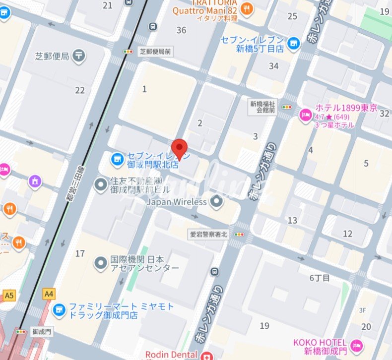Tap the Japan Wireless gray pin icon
[x=216, y=202]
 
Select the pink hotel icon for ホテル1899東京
[x=305, y=115]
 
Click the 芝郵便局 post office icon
[x=78, y=56]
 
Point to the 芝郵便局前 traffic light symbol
[x=129, y=51]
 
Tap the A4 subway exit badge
[x=49, y=294]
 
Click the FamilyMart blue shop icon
[x=59, y=310]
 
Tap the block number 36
[x=181, y=30]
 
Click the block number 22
[x=80, y=90]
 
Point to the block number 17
[x=79, y=253]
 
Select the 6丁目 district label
[x=320, y=278]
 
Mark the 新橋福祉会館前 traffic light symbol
[x=287, y=107]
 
